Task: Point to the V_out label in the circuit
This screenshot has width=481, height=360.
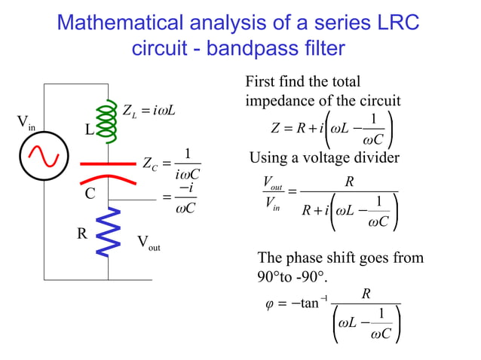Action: point(149,243)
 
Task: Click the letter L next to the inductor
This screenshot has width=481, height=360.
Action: point(88,130)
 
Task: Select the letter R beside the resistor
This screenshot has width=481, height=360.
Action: point(82,233)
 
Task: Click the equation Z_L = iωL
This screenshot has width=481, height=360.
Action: point(149,112)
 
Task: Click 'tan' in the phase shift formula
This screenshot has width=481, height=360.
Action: point(308,304)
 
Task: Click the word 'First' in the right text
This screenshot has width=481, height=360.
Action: point(261,81)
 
